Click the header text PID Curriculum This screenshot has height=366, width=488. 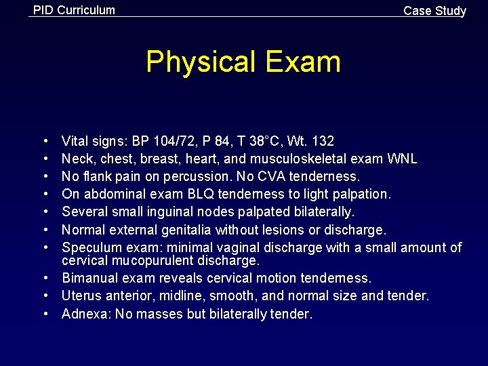pyautogui.click(x=74, y=10)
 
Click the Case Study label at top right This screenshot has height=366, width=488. pyautogui.click(x=434, y=11)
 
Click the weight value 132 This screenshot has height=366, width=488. pyautogui.click(x=322, y=141)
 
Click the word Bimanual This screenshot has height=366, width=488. pyautogui.click(x=88, y=278)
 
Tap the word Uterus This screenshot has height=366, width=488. pyautogui.click(x=79, y=296)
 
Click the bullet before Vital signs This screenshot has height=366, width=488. pyautogui.click(x=45, y=142)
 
